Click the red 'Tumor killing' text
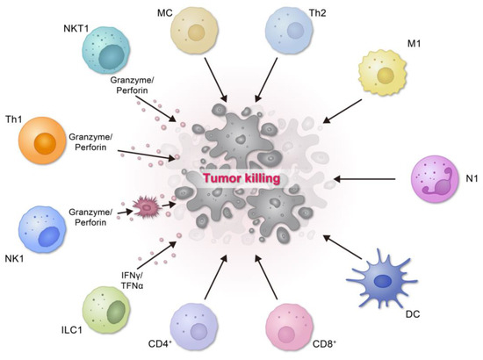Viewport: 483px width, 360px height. [x=241, y=179]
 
